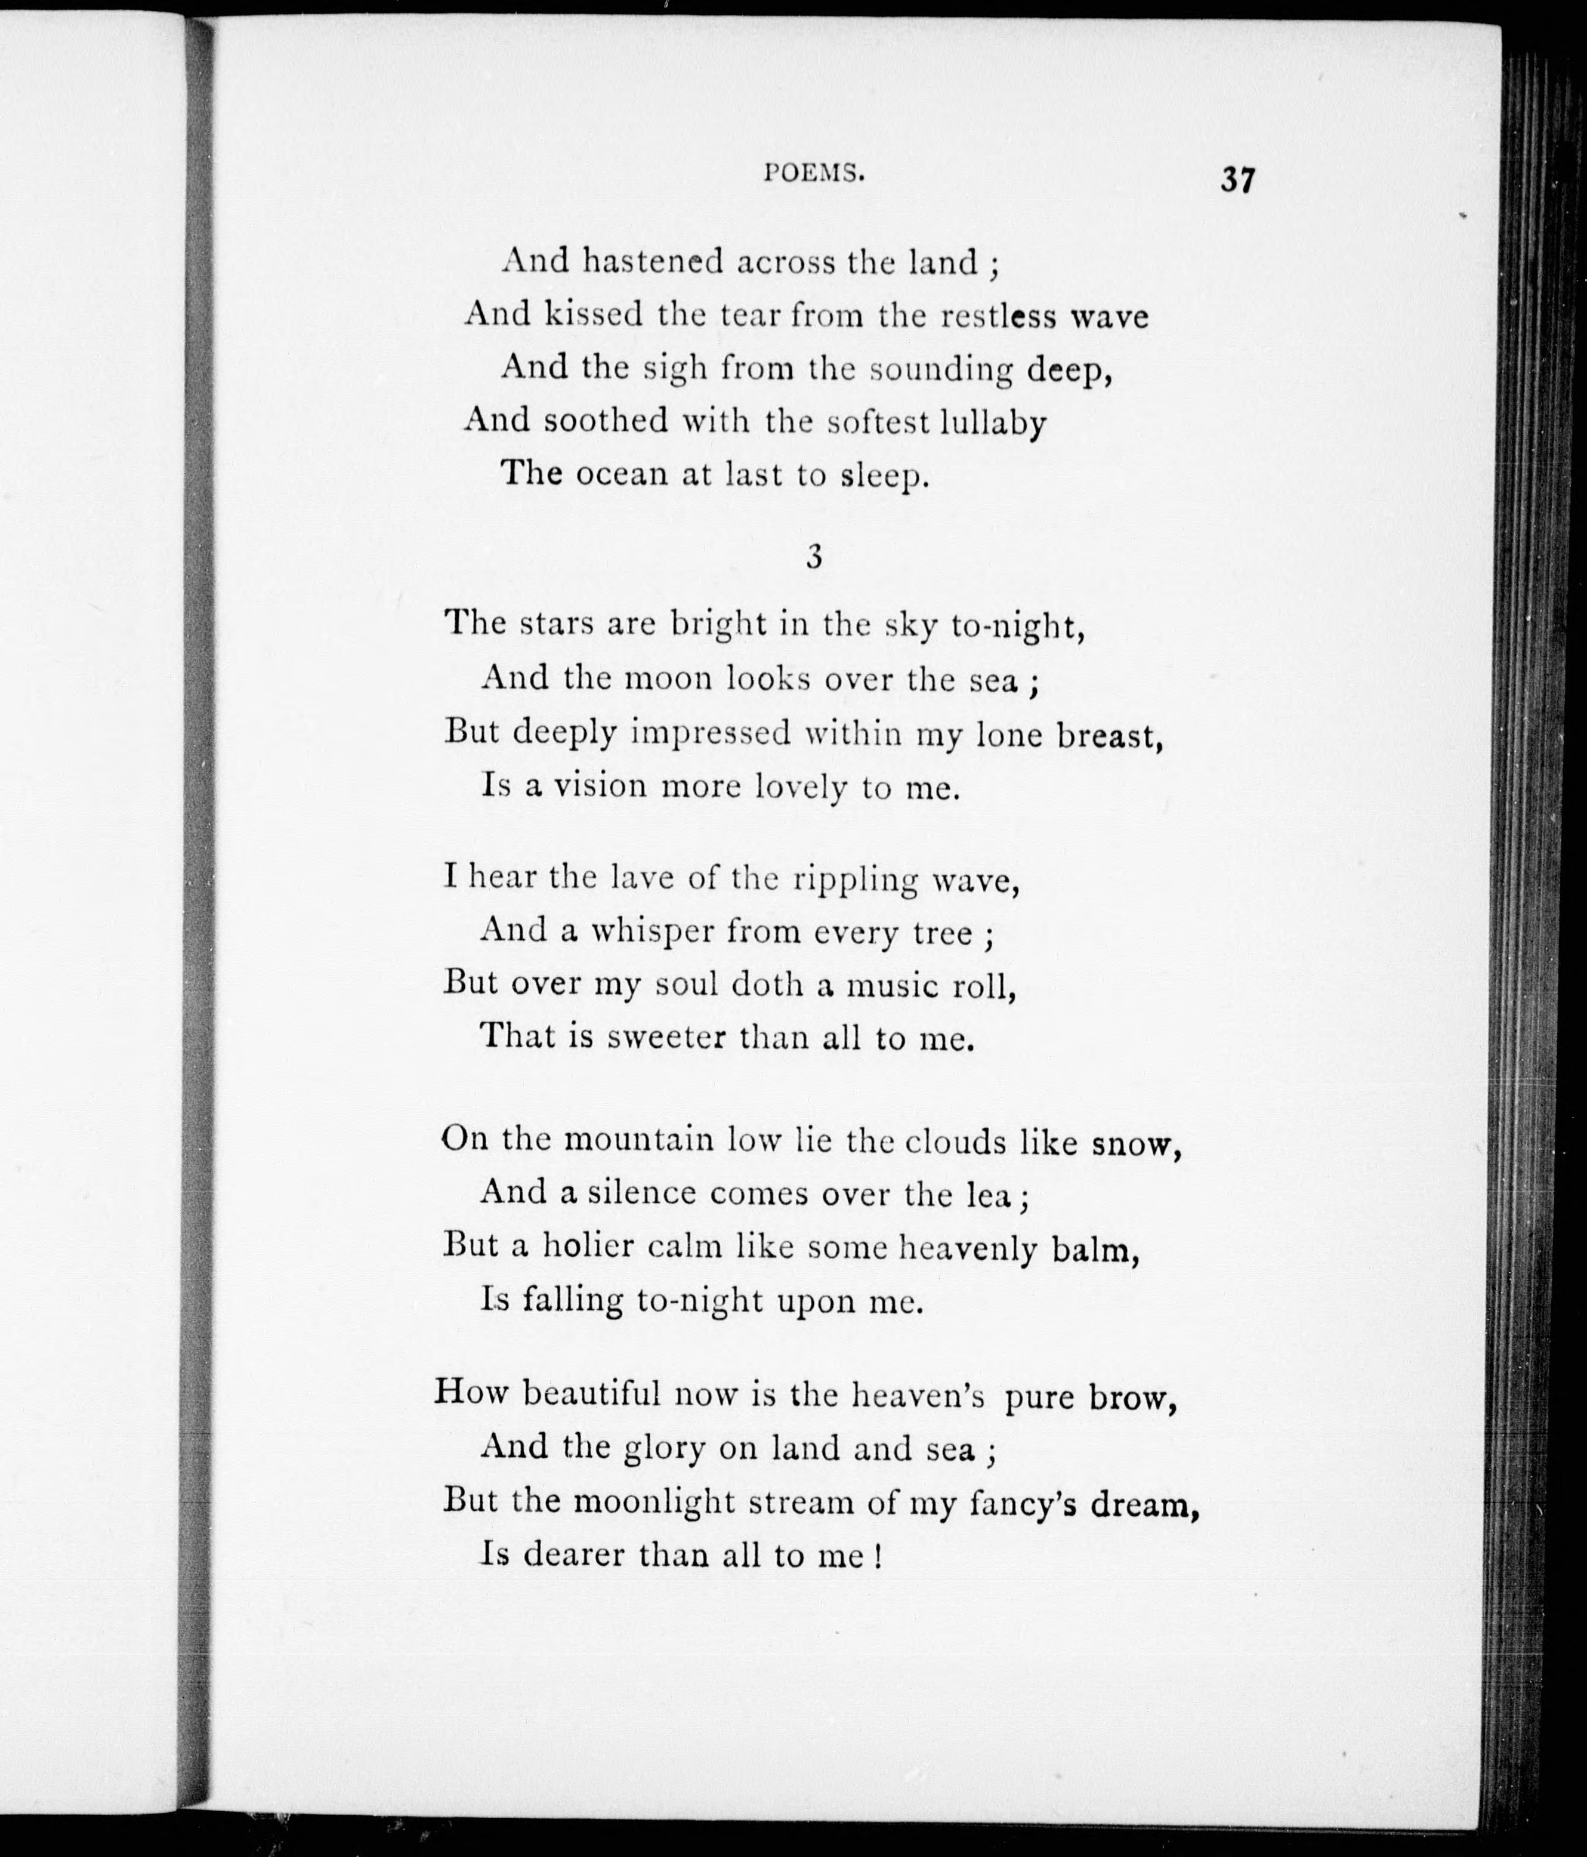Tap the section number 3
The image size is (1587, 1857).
pos(814,557)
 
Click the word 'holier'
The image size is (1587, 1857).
pos(588,1247)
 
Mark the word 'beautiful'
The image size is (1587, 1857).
pos(591,1394)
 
